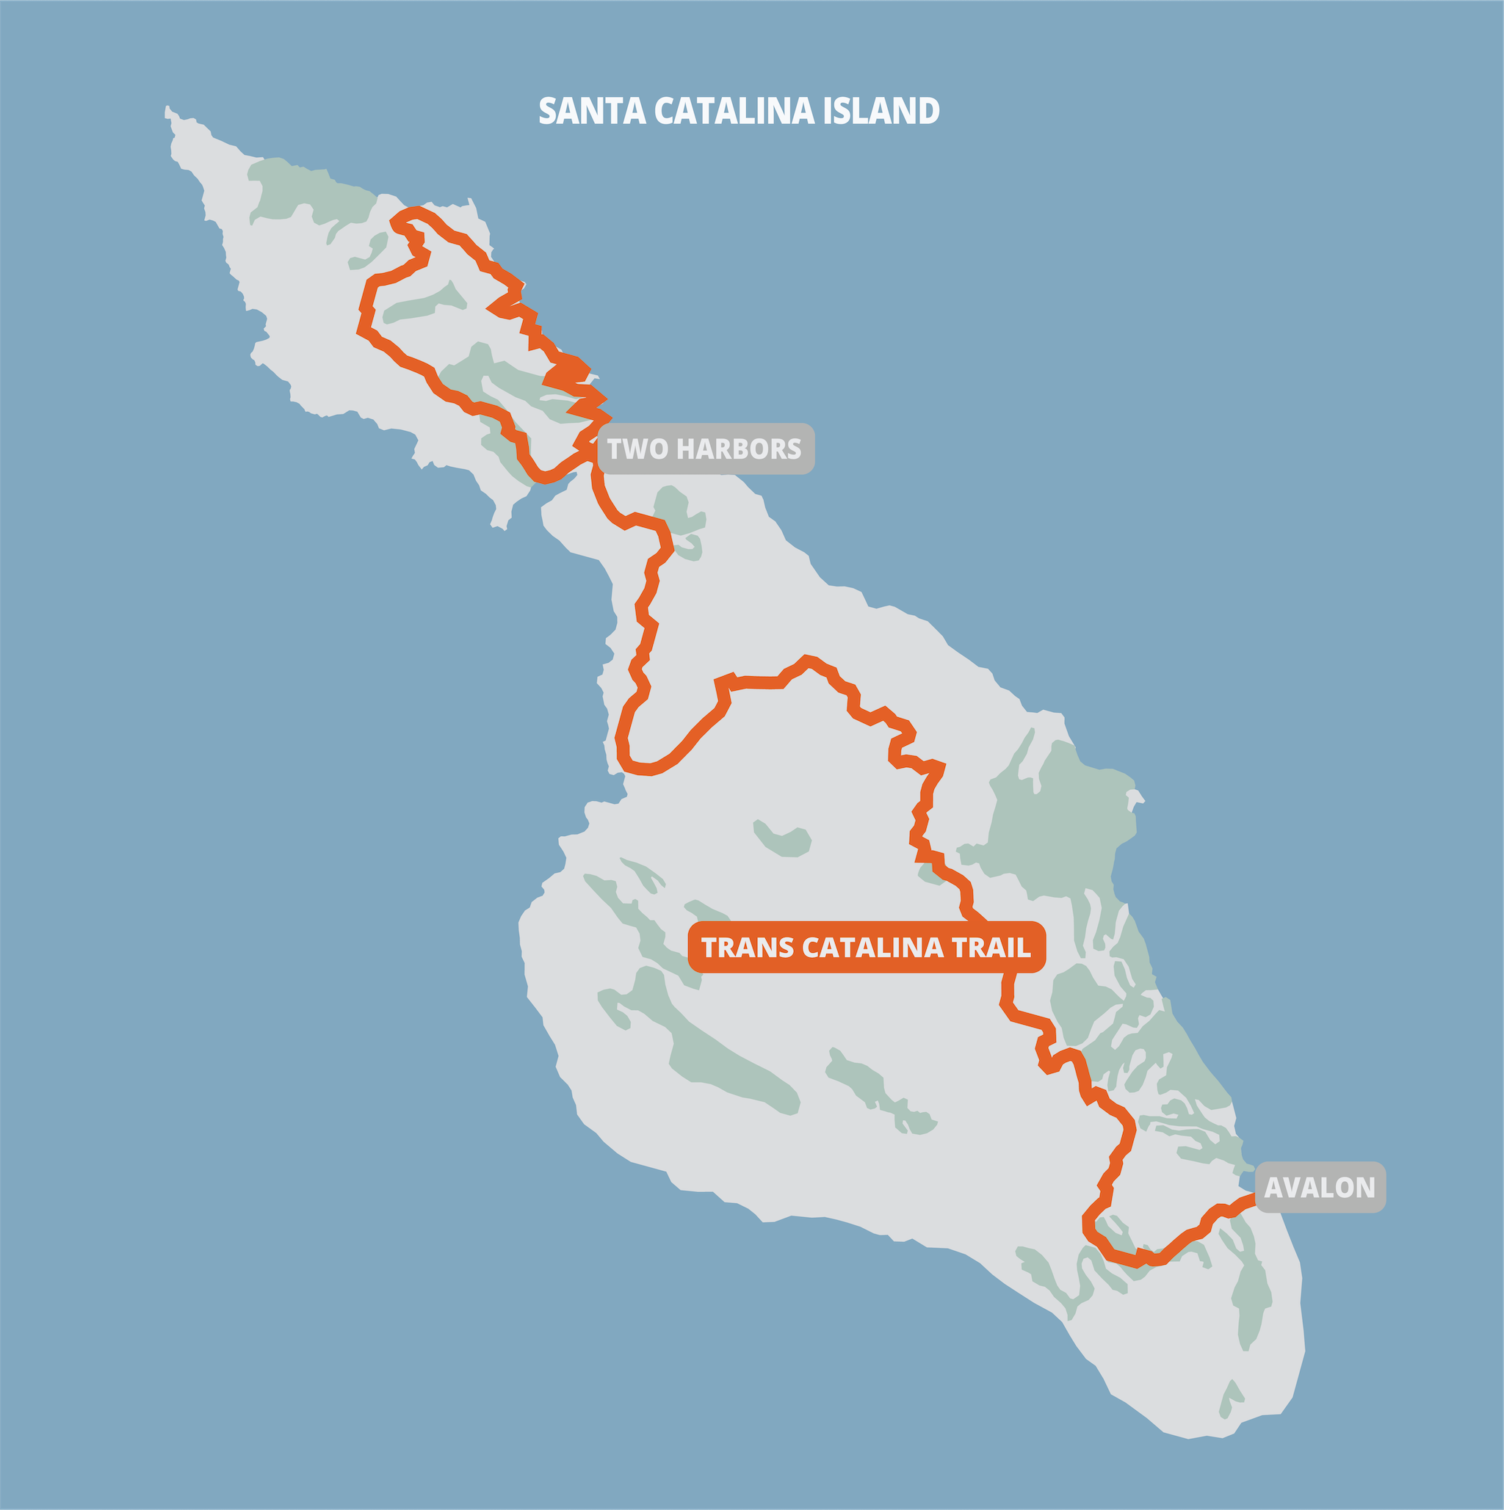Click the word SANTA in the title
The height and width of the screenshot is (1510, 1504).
pos(592,111)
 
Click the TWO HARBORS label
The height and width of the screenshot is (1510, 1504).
pos(705,449)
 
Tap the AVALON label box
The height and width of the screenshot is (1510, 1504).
pos(1320,1187)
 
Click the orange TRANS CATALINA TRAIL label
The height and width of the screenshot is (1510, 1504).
pos(866,947)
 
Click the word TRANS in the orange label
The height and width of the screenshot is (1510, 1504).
pos(748,947)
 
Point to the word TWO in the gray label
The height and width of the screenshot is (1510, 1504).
pos(635,449)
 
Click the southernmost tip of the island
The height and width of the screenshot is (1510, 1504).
pos(1188,1439)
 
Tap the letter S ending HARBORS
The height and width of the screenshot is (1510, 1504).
pos(794,449)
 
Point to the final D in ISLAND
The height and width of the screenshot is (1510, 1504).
pos(929,111)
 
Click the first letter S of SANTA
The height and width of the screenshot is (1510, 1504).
pos(548,111)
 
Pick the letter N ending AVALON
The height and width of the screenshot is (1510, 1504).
pos(1365,1188)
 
